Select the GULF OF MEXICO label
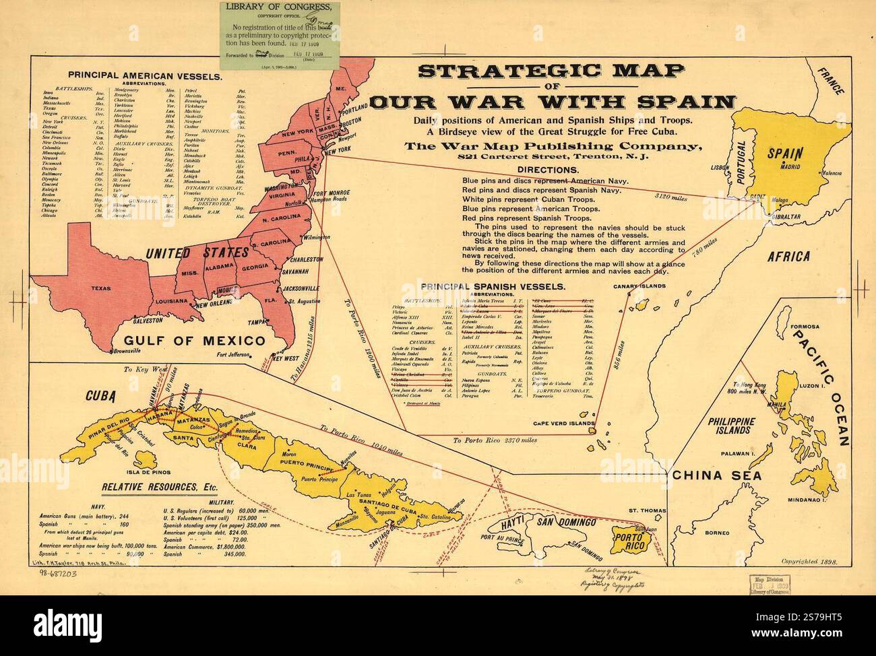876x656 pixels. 189,339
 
